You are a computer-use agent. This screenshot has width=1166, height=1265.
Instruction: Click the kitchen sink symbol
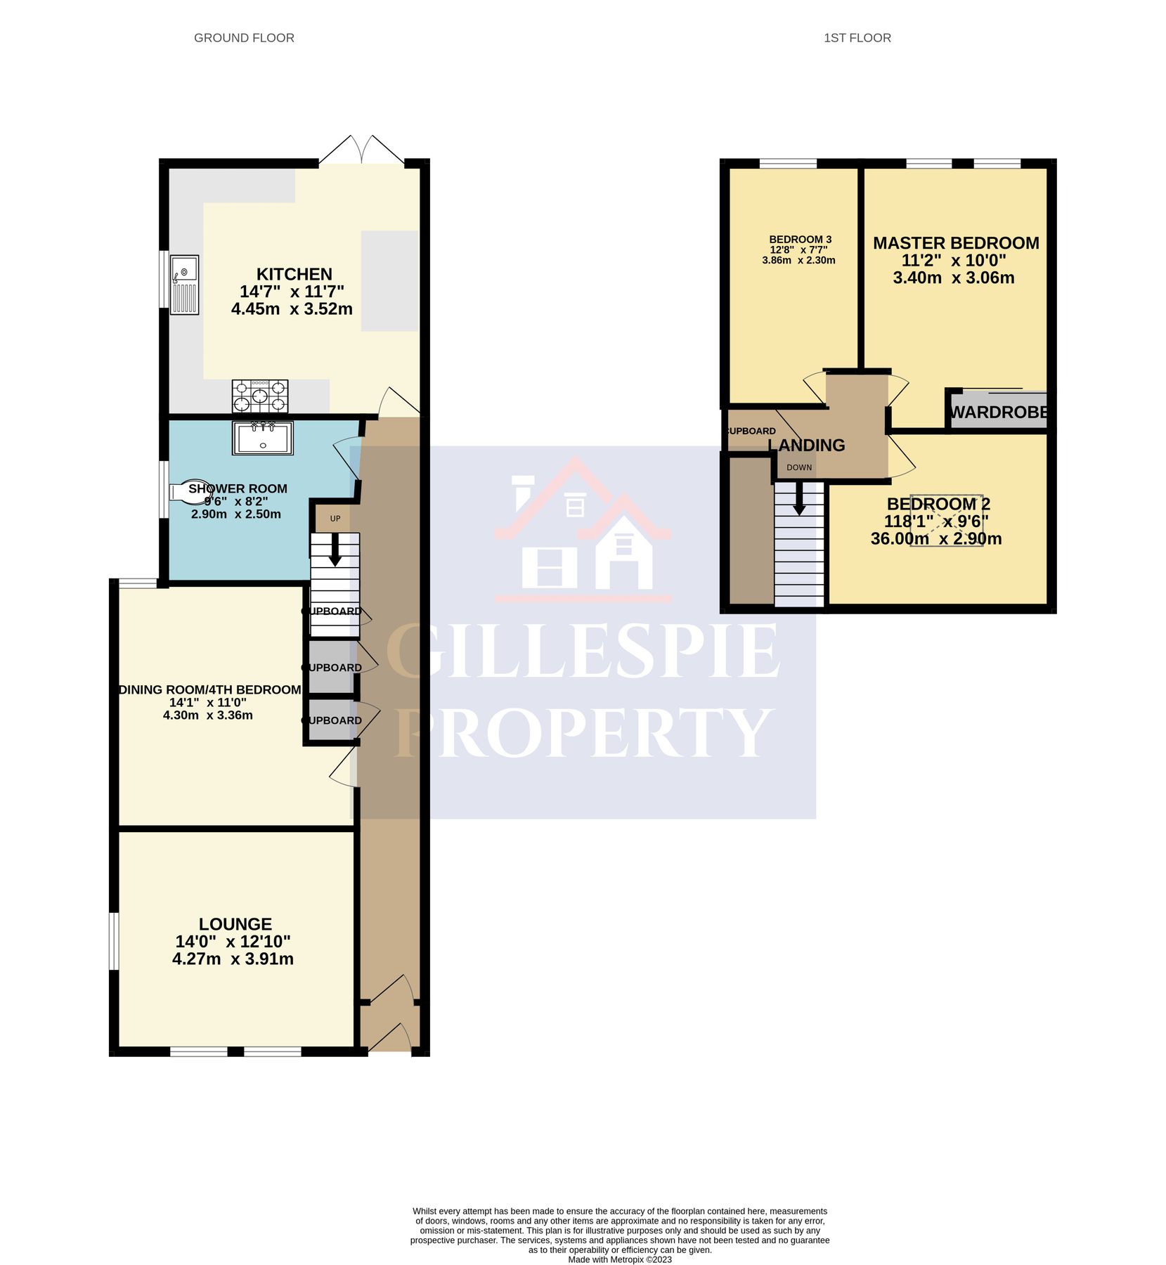[x=186, y=285]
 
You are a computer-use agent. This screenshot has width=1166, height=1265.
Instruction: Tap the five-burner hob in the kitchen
[x=260, y=396]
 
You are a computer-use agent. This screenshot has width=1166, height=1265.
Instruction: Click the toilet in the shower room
[x=184, y=492]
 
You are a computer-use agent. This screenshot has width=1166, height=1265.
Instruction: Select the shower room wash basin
[x=263, y=438]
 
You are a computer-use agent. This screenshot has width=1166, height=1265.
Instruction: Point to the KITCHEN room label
[x=294, y=274]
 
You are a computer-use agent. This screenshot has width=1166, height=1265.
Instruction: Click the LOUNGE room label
[x=235, y=924]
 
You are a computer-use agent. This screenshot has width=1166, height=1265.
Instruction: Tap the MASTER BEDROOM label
[x=956, y=243]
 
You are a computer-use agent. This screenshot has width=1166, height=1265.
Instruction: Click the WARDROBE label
[x=999, y=413]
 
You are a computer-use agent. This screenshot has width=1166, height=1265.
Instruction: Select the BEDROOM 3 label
[x=800, y=240]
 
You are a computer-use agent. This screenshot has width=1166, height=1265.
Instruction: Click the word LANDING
[x=806, y=445]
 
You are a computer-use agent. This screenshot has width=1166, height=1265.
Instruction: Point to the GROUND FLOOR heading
[x=244, y=38]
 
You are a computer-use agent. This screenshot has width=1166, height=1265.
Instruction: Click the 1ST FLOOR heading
[x=857, y=38]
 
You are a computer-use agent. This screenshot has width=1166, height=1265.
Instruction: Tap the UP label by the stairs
[x=335, y=519]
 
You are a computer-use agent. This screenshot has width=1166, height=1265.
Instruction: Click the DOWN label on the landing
[x=799, y=467]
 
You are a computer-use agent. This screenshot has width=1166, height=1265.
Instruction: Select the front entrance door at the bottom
[x=391, y=1039]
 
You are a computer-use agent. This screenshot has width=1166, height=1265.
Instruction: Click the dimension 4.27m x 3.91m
[x=233, y=959]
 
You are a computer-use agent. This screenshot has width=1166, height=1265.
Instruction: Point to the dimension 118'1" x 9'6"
[x=936, y=521]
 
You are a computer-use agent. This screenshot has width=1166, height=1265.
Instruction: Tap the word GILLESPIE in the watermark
[x=583, y=651]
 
